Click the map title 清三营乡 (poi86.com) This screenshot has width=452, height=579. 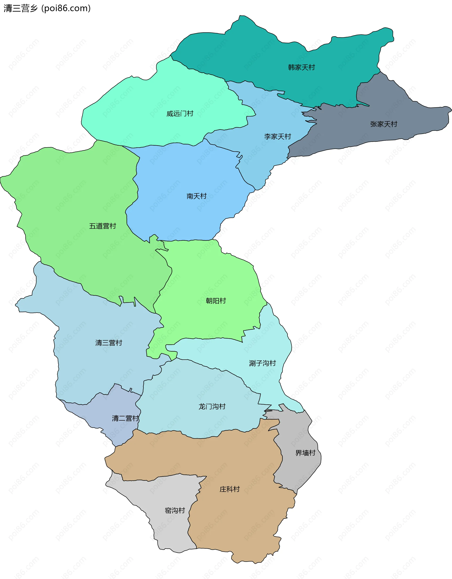click(x=47, y=8)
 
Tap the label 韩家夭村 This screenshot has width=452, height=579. click(x=301, y=67)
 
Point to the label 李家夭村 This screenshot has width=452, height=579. click(x=278, y=137)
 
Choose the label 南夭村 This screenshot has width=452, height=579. click(x=196, y=196)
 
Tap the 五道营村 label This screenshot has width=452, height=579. click(x=103, y=226)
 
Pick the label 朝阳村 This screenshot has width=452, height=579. click(x=216, y=301)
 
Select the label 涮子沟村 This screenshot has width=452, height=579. click(x=262, y=363)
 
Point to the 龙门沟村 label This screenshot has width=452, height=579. click(x=212, y=407)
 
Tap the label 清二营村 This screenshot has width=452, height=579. click(x=125, y=418)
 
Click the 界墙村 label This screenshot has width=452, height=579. click(x=305, y=453)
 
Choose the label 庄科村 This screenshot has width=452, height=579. click(x=230, y=489)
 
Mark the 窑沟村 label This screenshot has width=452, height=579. click(x=175, y=510)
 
